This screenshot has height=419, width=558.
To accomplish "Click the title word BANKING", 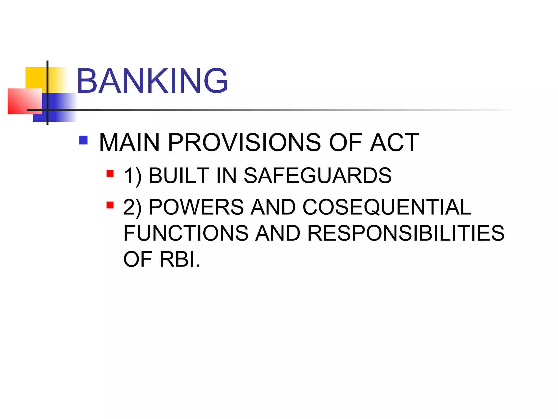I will [152, 81].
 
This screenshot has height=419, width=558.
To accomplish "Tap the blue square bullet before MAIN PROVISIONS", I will [83, 140].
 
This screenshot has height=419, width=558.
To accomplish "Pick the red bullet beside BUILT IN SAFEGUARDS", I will [110, 174].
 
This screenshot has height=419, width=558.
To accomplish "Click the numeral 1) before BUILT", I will [133, 176].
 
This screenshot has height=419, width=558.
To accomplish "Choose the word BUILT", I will [179, 175].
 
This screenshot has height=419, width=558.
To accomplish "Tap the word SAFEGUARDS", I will [317, 175].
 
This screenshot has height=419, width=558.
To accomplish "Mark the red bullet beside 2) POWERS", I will [110, 205].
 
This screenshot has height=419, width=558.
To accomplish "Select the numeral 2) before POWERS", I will [132, 207].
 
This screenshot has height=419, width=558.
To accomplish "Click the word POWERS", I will [196, 207].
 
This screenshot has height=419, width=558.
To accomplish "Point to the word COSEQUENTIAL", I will [387, 207].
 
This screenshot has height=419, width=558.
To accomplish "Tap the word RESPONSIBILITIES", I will [406, 233].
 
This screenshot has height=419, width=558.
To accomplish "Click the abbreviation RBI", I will [180, 259].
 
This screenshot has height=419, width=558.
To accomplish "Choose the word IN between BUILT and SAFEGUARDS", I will [226, 175].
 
